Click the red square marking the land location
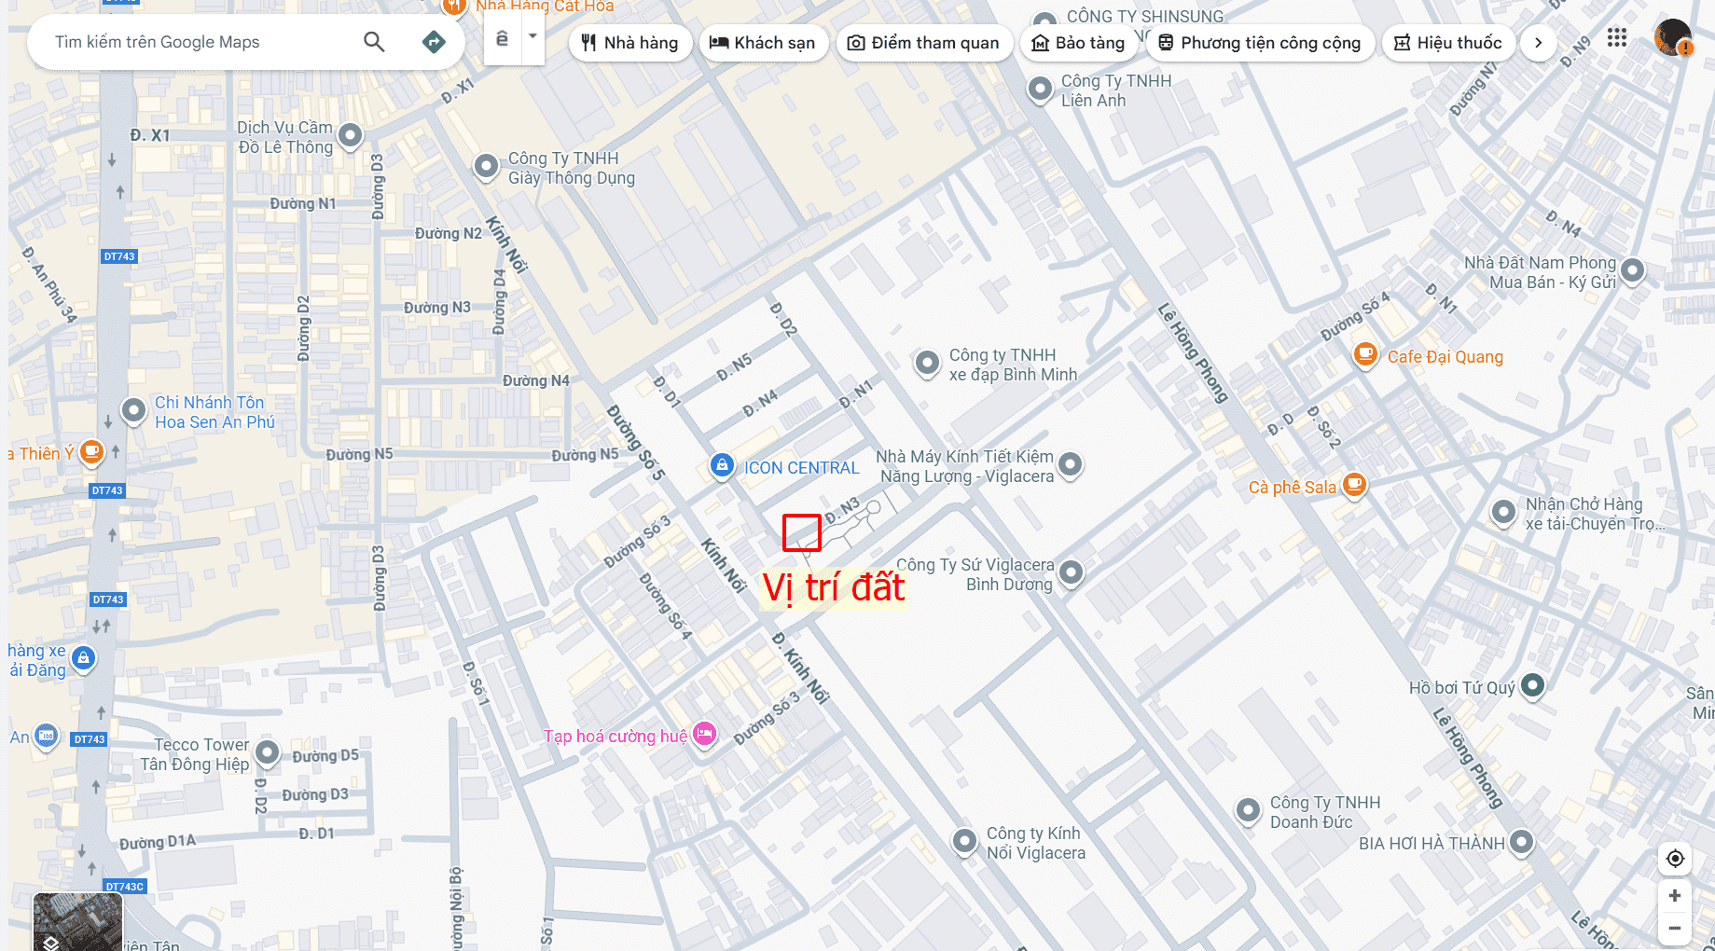tap(801, 532)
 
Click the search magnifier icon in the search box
tap(374, 42)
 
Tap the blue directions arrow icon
tap(434, 42)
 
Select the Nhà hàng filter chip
tap(629, 43)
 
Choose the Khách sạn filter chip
tap(763, 43)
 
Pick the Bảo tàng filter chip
tap(1078, 43)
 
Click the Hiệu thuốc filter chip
tap(1447, 43)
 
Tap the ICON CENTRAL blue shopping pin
tap(722, 464)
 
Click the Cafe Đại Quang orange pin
tap(1365, 353)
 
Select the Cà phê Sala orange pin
tap(1354, 484)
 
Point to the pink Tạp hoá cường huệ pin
tap(705, 733)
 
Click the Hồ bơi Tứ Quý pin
tap(1532, 685)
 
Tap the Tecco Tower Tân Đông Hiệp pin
tap(268, 751)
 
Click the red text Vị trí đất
tap(833, 587)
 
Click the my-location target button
tap(1675, 859)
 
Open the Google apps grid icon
tap(1617, 38)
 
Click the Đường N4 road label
tap(535, 380)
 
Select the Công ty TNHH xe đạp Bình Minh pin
tap(927, 362)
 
